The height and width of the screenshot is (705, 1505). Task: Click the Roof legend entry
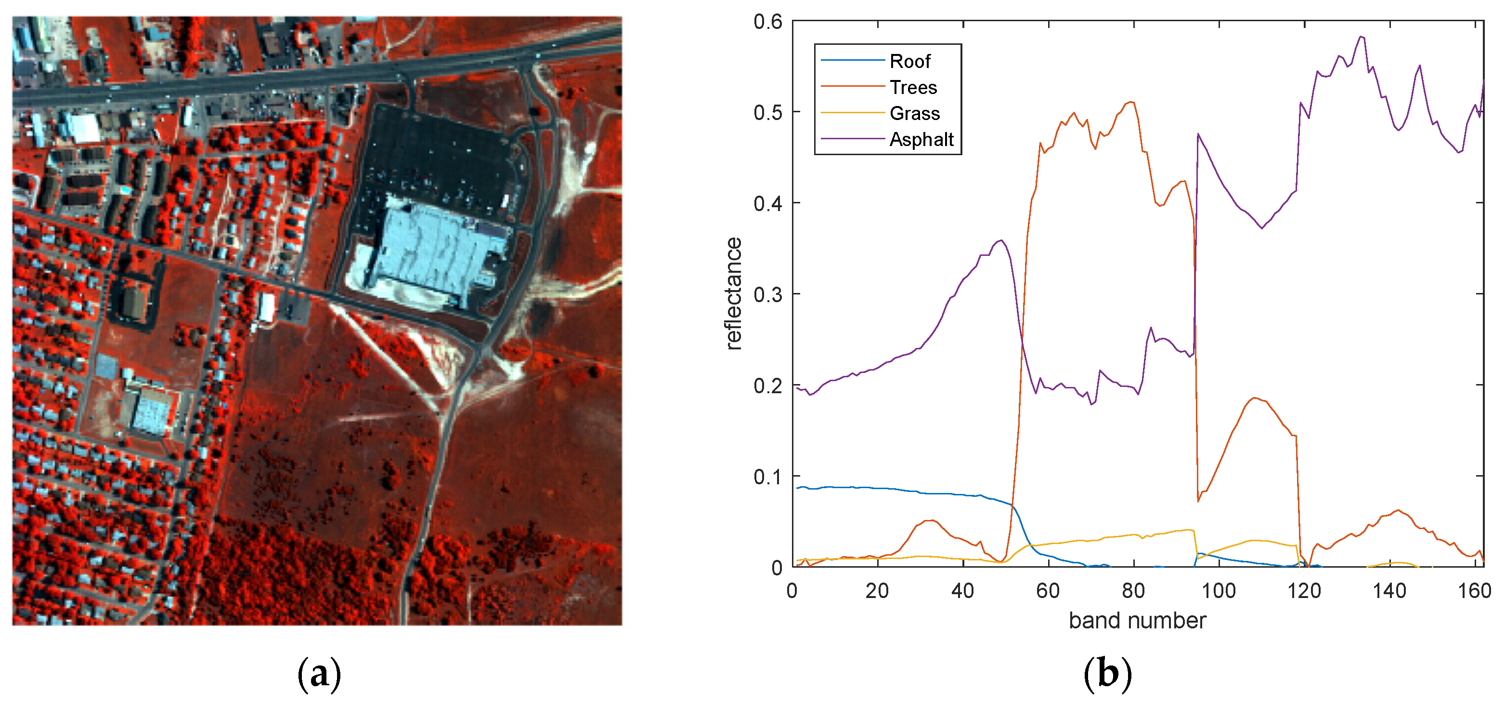(909, 61)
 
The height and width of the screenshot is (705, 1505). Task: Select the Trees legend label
(913, 87)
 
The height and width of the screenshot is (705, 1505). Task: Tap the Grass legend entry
(914, 113)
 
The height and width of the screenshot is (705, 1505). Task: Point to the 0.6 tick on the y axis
(767, 22)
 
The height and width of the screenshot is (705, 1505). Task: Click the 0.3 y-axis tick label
(767, 294)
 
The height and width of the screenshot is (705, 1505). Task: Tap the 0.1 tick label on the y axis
(767, 477)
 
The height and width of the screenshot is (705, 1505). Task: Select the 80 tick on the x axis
(1133, 591)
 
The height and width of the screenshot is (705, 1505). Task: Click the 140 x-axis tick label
(1389, 591)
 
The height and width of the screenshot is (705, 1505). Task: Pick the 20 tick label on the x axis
(877, 591)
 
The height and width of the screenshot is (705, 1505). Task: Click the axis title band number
(1137, 620)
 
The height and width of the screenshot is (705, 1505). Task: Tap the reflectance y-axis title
(734, 293)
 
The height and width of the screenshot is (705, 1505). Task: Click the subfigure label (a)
(319, 674)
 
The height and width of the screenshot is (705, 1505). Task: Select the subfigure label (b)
(1107, 674)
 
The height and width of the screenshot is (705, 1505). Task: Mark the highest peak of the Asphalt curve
(1361, 37)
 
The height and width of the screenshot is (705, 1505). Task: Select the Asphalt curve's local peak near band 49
(1001, 240)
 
